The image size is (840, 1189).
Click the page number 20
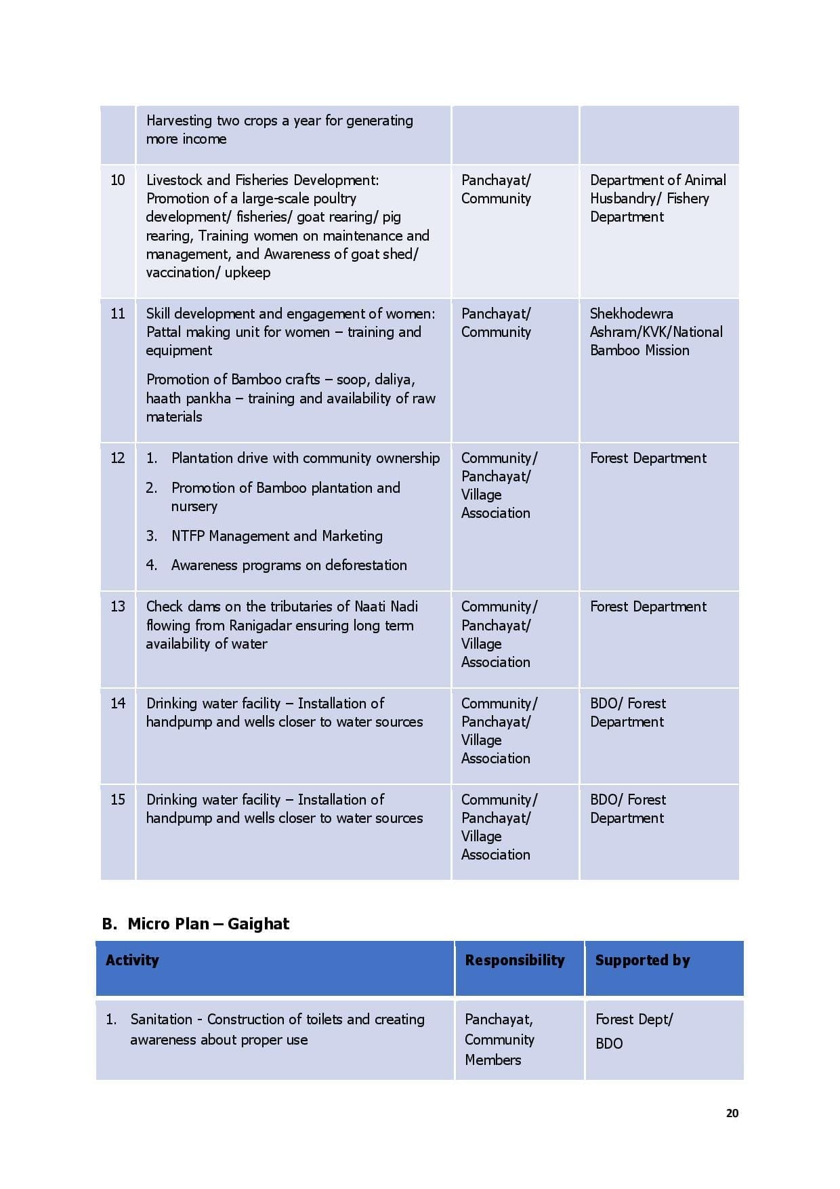pyautogui.click(x=732, y=1113)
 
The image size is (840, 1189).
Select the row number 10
pyautogui.click(x=118, y=180)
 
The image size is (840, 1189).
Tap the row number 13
pyautogui.click(x=118, y=606)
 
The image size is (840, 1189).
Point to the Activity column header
pyautogui.click(x=132, y=960)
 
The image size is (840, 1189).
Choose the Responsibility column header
pyautogui.click(x=514, y=960)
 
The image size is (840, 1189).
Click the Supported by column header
pyautogui.click(x=642, y=960)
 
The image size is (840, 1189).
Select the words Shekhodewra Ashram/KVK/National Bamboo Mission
pyautogui.click(x=656, y=332)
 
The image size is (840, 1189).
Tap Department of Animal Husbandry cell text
pyautogui.click(x=657, y=189)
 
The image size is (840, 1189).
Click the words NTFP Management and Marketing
pyautogui.click(x=276, y=536)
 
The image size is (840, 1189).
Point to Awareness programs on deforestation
pyautogui.click(x=289, y=565)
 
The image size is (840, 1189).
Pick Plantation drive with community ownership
pyautogui.click(x=305, y=458)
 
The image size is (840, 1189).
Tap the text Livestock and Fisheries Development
pyautogui.click(x=262, y=180)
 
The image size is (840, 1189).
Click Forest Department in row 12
pyautogui.click(x=648, y=458)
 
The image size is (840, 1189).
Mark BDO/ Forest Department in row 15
pyautogui.click(x=628, y=809)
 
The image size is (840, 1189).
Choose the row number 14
pyautogui.click(x=118, y=703)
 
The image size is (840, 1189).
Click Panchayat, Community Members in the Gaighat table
pyautogui.click(x=499, y=1039)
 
